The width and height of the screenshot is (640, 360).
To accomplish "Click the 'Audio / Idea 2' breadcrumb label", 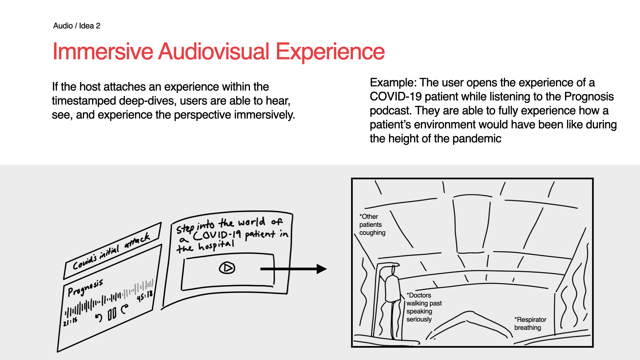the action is click(77, 26).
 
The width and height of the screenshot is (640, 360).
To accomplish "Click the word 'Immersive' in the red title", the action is click(103, 52).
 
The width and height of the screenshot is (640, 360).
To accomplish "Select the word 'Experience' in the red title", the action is click(330, 52).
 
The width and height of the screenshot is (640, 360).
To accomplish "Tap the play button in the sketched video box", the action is click(227, 268).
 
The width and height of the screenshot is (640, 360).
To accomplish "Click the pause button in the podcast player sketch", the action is click(112, 314).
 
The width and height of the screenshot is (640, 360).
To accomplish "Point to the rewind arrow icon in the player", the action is click(99, 318).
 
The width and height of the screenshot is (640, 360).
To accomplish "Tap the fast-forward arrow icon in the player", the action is click(125, 309).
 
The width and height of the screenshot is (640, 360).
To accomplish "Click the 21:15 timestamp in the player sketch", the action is click(70, 322).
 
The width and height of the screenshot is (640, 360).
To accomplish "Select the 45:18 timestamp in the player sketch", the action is click(145, 296).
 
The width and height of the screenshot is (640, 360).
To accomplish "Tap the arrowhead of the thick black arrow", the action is click(321, 269).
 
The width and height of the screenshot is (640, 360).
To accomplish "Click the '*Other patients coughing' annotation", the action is click(372, 225).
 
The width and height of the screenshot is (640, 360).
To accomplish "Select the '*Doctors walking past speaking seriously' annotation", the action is click(424, 307).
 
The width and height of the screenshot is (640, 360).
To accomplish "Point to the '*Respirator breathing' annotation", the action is click(530, 324).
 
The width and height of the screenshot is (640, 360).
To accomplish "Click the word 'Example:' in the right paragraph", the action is click(393, 83).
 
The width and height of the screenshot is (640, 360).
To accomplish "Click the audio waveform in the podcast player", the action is click(110, 300).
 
